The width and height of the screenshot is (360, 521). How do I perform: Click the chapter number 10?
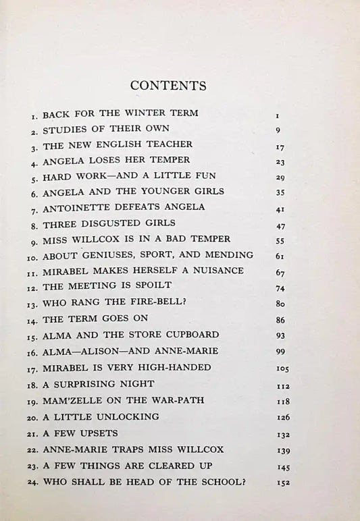(32, 256)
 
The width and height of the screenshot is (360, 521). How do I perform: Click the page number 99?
(281, 352)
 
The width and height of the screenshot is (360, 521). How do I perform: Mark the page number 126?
(284, 417)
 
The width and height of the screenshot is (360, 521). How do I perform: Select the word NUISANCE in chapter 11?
(197, 271)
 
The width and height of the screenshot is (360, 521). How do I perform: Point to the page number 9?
(278, 129)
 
